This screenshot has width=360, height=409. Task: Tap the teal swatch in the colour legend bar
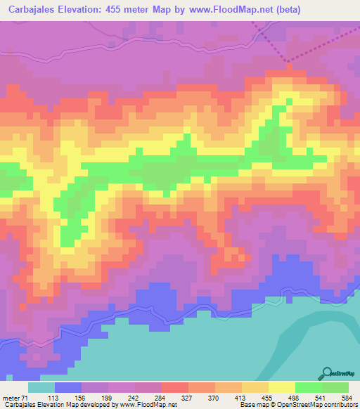pos(41,388)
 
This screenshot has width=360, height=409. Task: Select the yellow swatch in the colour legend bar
pos(281,388)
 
